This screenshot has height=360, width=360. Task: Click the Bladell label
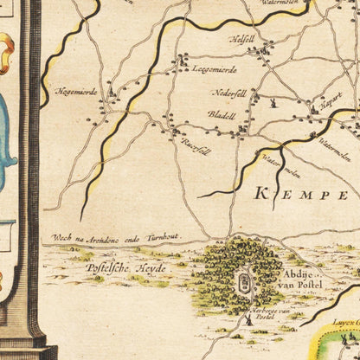click(x=222, y=113)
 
